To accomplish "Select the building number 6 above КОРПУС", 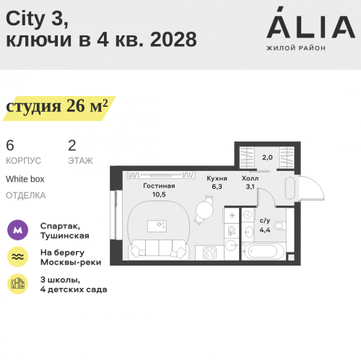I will click(x=10, y=144).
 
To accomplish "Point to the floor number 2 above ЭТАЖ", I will click(x=71, y=144).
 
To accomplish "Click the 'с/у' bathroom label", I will click(x=264, y=221).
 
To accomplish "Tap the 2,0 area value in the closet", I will click(x=267, y=157).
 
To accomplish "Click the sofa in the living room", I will click(x=160, y=250).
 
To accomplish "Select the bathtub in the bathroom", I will click(x=264, y=251).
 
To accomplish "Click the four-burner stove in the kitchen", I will click(x=210, y=253).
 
